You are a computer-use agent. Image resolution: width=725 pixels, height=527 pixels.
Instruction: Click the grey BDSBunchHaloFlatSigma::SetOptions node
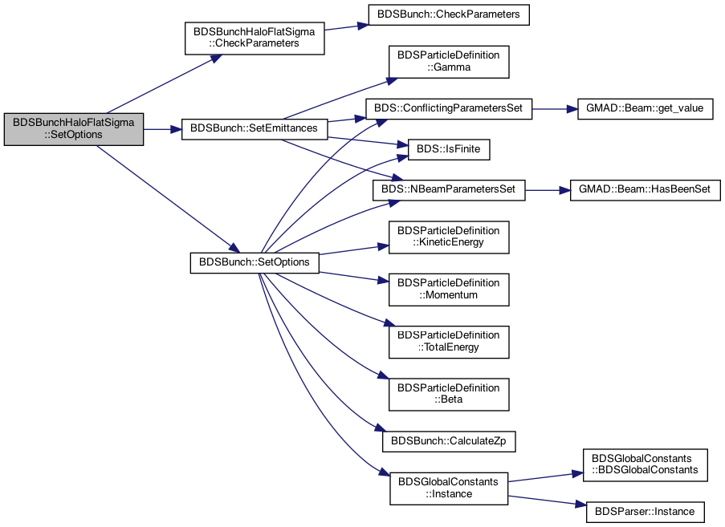pos(74,129)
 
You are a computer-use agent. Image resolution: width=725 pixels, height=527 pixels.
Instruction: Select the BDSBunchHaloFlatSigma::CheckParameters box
pos(255,38)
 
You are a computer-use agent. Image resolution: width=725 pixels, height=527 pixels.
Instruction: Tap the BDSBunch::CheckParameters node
pos(449,14)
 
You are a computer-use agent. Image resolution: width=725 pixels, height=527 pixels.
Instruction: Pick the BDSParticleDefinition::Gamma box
pos(449,62)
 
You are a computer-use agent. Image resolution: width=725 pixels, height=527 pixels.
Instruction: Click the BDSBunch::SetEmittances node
pos(255,129)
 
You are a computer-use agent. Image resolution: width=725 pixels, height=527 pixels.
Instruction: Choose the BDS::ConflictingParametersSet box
pos(449,108)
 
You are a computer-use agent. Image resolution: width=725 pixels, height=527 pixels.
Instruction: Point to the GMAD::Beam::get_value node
pos(645,108)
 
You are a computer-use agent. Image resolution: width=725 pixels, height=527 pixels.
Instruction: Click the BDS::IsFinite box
pos(449,150)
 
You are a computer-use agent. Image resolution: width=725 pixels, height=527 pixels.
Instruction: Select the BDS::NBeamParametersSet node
pos(449,190)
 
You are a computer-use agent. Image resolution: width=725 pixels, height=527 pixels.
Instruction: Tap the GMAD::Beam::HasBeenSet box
pos(645,190)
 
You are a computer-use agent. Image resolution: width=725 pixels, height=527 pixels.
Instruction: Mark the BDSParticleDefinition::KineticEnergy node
pos(449,237)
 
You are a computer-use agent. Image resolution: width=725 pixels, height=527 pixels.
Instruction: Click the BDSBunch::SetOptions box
pos(255,262)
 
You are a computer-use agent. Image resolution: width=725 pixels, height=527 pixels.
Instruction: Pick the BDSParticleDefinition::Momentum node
pos(449,290)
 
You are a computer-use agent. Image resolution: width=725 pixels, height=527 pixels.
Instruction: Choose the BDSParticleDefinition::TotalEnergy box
pos(449,342)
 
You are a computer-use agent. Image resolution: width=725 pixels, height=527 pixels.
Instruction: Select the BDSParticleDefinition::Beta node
pos(449,394)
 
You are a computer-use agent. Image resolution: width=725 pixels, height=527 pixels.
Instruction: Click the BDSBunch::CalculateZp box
pos(449,441)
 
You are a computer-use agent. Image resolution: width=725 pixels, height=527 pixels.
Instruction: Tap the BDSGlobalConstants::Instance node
pos(449,488)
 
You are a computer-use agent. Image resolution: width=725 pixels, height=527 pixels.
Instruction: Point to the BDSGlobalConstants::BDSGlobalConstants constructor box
pos(645,464)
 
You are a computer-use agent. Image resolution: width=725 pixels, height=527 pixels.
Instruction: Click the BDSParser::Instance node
pos(645,513)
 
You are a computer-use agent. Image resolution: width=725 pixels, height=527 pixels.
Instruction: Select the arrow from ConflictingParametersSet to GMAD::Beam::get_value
pos(555,109)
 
